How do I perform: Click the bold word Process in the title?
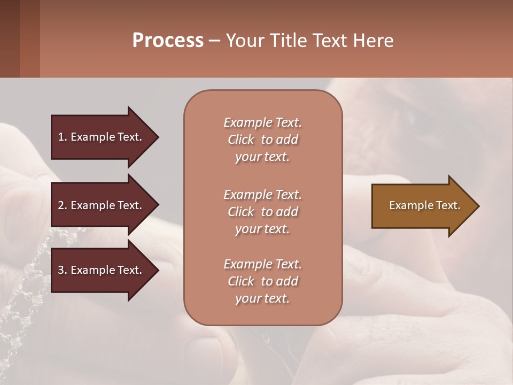pos(168,41)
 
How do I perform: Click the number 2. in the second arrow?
pos(63,205)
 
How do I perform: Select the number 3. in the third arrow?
pos(63,270)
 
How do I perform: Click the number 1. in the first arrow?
pos(63,137)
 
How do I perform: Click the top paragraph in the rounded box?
pos(262,140)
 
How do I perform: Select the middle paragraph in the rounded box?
pos(262,212)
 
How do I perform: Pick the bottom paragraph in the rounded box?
pos(262,281)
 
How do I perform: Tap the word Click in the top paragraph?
pos(241,140)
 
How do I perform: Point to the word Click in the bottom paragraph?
pos(241,281)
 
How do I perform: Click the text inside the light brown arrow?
pos(424,205)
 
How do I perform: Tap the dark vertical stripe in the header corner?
pos(10,38)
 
